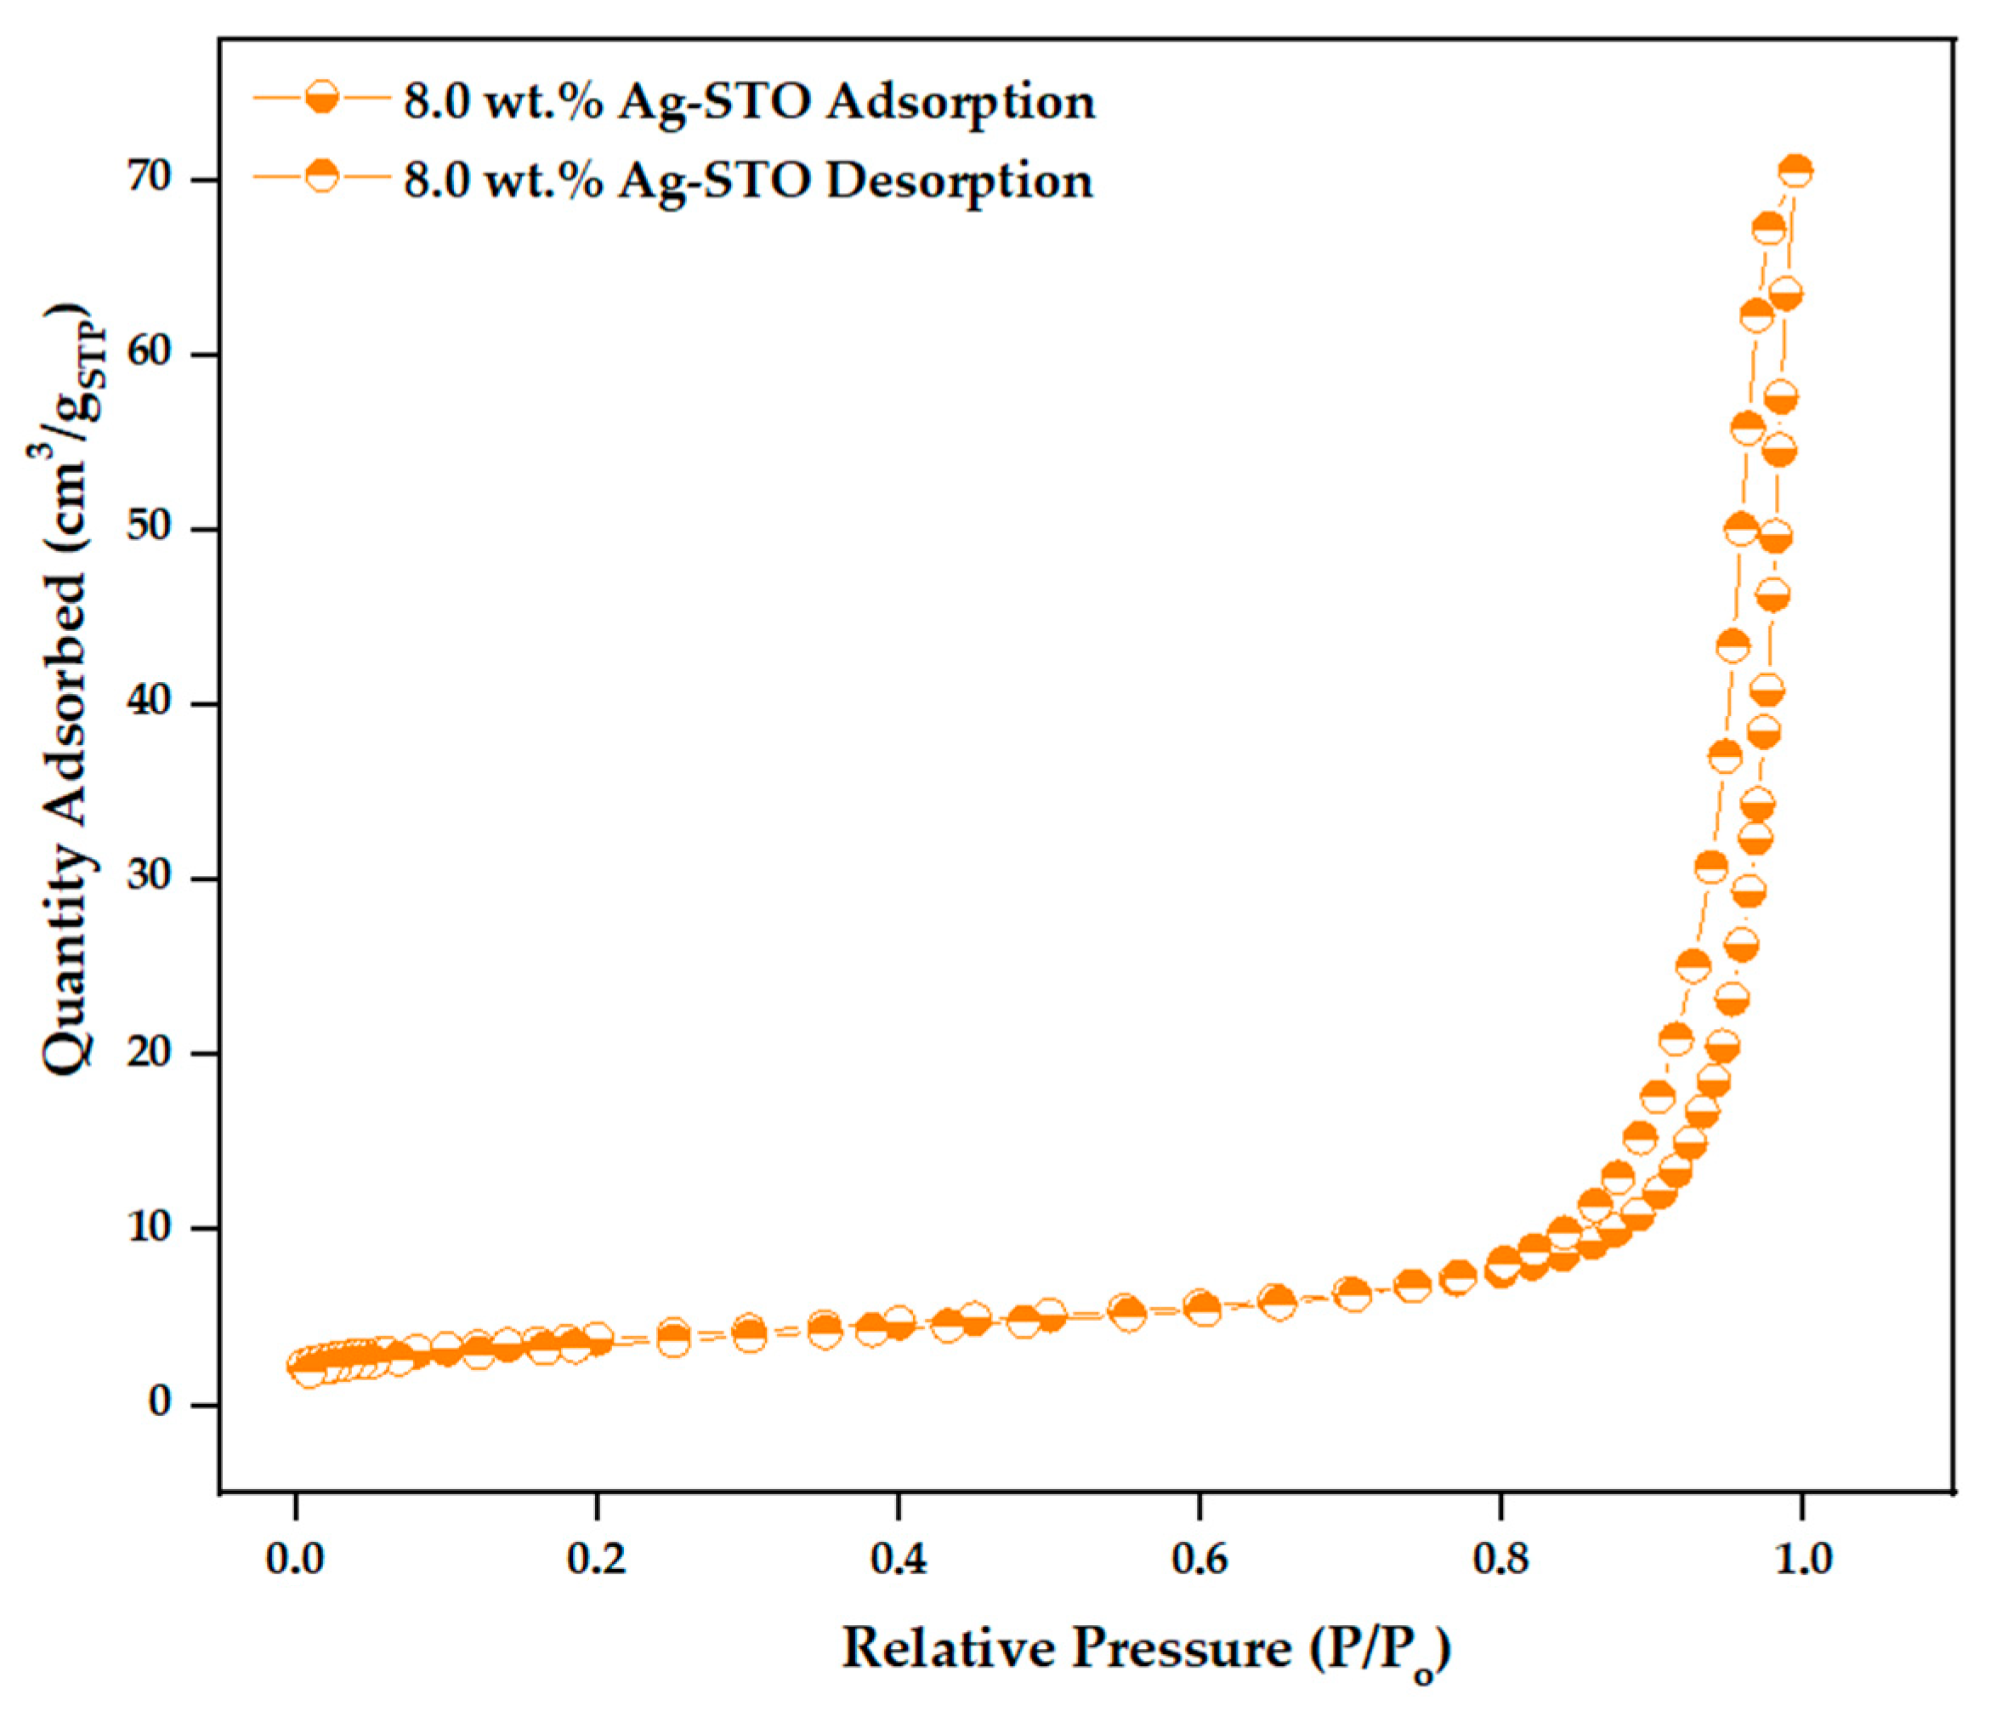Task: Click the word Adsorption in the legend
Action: pos(961,102)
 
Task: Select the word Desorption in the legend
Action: pos(960,180)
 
